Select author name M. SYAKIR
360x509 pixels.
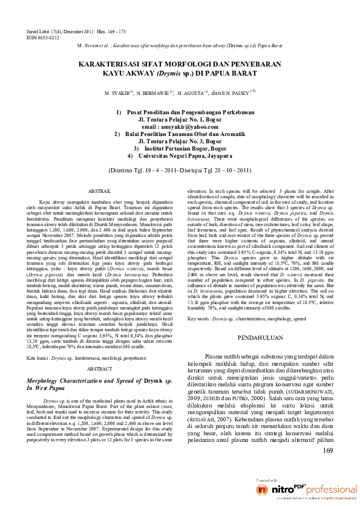coord(117,94)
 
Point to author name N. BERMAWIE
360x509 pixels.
coord(152,94)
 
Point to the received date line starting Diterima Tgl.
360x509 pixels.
coord(180,170)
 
